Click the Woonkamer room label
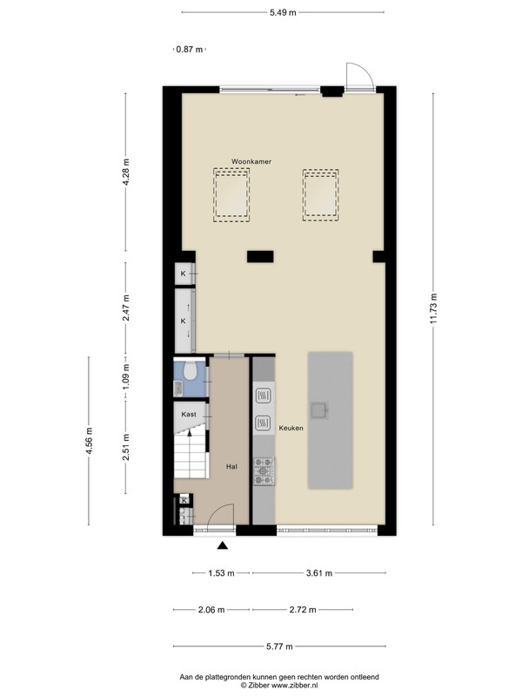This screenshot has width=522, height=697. pos(251,161)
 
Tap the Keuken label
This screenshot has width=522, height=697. pos(291,428)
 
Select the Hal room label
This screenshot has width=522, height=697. pos(231,466)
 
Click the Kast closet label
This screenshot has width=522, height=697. pos(189,415)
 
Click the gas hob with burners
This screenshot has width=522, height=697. pos(264,471)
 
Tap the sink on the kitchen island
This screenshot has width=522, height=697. pos(319,410)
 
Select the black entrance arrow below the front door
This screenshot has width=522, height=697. pos(223,545)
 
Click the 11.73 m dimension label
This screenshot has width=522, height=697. pos(433,308)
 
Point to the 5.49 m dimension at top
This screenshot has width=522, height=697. pos(283,12)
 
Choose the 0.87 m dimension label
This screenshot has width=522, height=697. pos(190,50)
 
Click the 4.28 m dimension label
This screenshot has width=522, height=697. pos(126,172)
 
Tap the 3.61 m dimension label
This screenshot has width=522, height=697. pos(319,573)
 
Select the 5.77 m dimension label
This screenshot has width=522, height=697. pos(279,646)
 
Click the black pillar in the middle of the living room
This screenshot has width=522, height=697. pos(260,256)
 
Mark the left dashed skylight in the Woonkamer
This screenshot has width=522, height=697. pos(231,195)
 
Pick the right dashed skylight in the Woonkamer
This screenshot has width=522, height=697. pos(321,195)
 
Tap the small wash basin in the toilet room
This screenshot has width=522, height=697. pos(177,388)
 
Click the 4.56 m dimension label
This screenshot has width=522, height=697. pos(90,441)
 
